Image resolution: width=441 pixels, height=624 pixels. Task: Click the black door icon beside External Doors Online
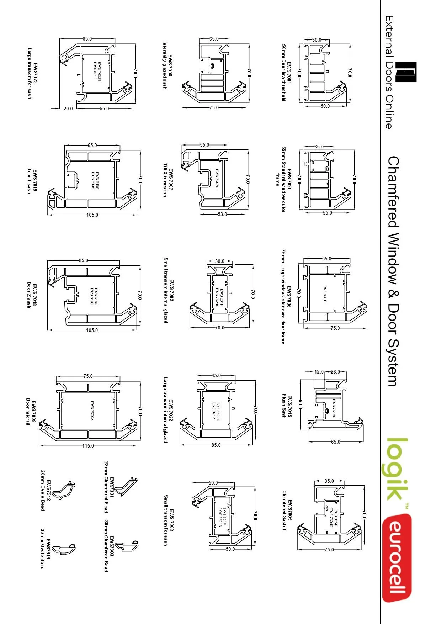click(406, 72)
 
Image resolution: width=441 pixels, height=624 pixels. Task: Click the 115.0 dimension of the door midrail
click(88, 446)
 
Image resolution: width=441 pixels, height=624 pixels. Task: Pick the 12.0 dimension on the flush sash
click(319, 372)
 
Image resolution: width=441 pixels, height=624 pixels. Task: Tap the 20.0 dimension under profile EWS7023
click(68, 109)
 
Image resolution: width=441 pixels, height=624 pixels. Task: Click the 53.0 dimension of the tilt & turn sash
click(222, 214)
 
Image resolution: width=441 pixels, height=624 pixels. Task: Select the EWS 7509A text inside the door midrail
click(92, 411)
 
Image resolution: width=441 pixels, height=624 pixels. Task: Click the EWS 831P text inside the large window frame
click(325, 294)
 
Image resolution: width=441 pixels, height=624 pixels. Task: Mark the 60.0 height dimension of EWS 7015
click(301, 404)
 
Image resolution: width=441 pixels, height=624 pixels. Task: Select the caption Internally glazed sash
click(165, 65)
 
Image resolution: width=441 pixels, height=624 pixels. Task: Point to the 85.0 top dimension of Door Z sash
click(84, 260)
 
